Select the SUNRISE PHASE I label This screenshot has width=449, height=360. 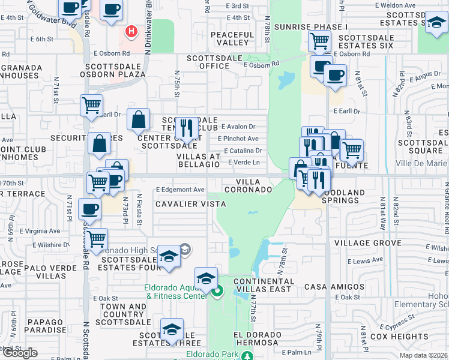pyautogui.click(x=310, y=28)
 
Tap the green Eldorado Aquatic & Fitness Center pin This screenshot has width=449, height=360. pyautogui.click(x=217, y=292)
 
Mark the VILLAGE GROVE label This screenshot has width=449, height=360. pyautogui.click(x=367, y=243)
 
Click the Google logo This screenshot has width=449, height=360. pyautogui.click(x=20, y=352)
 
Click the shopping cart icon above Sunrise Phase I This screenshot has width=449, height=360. pyautogui.click(x=319, y=41)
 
